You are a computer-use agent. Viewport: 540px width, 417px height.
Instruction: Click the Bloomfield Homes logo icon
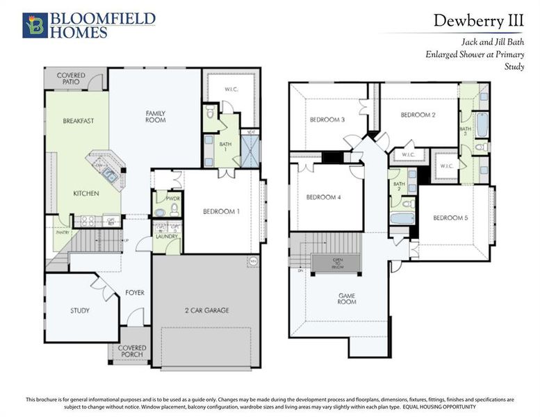35,24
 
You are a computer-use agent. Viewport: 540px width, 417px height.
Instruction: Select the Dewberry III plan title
478,20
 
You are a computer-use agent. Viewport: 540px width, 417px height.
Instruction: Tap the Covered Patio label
71,78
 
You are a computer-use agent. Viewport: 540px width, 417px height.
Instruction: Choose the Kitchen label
86,193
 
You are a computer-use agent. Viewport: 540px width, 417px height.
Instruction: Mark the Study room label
80,310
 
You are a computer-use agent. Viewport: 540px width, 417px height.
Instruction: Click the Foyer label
135,293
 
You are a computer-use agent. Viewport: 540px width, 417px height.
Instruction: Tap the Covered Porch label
132,352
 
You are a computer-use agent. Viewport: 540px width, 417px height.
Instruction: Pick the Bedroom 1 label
222,211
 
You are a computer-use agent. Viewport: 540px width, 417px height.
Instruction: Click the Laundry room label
167,236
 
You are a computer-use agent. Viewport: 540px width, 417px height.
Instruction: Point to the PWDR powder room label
162,198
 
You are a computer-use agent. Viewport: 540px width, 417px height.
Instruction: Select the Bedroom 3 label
327,120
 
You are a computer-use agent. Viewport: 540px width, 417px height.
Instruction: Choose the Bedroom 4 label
324,197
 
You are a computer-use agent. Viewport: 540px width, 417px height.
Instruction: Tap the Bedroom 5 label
450,218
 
